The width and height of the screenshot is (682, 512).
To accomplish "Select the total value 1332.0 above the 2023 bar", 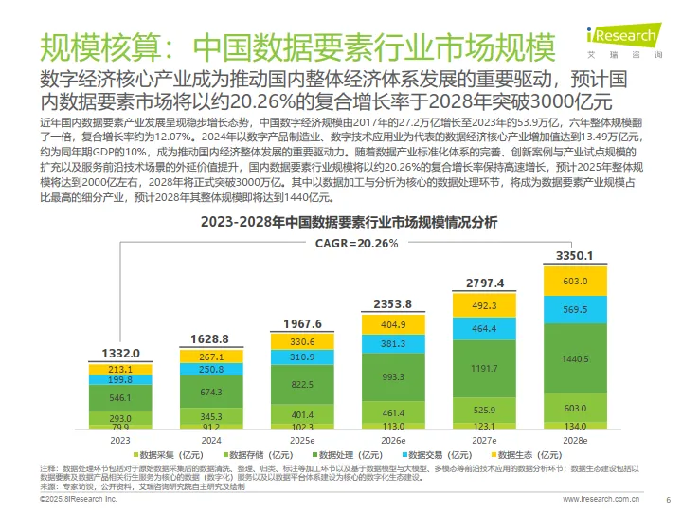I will pyautogui.click(x=121, y=353).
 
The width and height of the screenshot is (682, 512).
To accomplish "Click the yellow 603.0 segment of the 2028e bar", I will pyautogui.click(x=575, y=282).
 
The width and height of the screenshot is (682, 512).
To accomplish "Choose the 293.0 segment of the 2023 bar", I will pyautogui.click(x=121, y=418).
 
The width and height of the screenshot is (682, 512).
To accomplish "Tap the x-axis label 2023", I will pyautogui.click(x=121, y=441).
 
